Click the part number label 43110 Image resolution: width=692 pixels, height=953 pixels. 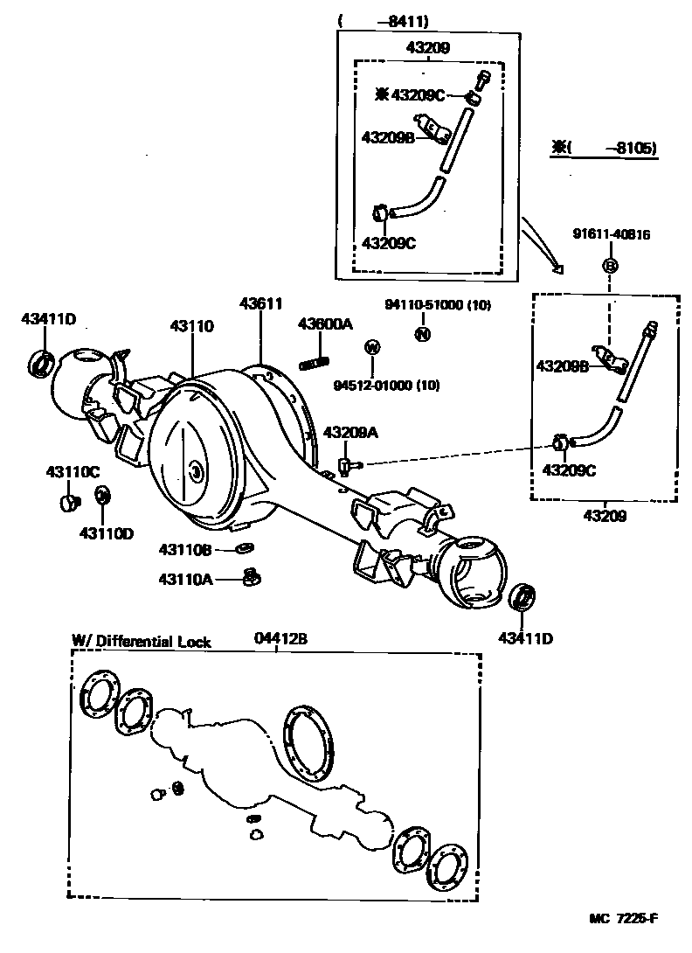point(191,326)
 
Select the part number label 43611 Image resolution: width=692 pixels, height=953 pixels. point(260,303)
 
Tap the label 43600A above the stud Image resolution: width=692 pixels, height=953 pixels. point(324,323)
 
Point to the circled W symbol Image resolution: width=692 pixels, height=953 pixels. point(372,347)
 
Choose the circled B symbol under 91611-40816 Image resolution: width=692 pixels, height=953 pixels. point(611,265)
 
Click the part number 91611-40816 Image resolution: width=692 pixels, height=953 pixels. point(612,234)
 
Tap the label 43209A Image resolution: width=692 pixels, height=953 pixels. point(350,432)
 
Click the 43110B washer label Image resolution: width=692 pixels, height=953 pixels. point(185,549)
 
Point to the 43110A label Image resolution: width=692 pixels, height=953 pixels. point(185,578)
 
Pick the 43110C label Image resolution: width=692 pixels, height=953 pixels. point(73,471)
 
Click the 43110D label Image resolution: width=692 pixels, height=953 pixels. point(106,532)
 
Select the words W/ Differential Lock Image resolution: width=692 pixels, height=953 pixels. point(141,641)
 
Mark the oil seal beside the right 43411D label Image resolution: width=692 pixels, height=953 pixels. point(522,598)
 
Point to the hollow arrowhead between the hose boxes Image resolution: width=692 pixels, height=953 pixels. point(557,269)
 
